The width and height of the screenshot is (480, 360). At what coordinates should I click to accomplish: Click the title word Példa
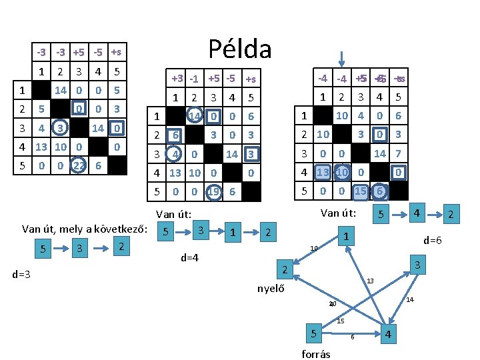point(240,49)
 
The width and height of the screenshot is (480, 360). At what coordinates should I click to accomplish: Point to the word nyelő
point(271,288)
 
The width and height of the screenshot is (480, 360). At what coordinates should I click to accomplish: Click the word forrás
point(316,354)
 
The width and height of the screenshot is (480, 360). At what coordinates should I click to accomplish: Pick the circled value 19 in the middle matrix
point(213,191)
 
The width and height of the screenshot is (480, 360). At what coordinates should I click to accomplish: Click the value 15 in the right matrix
point(360,191)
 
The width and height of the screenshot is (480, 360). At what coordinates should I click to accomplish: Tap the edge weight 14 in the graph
point(411,300)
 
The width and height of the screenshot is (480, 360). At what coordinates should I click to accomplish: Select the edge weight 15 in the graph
point(341,321)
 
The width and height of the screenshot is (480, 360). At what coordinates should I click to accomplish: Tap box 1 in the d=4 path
point(233,233)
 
